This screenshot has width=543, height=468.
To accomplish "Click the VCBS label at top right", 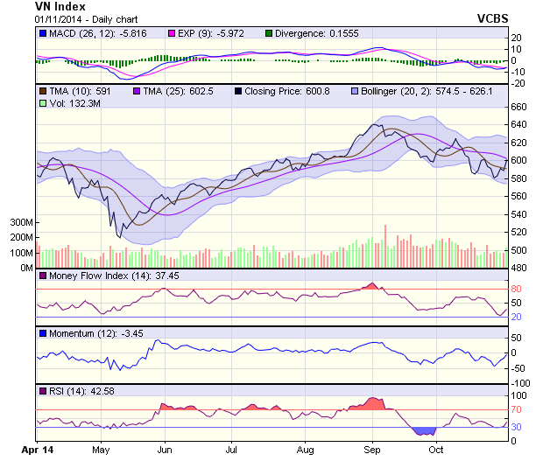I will pos(493,17).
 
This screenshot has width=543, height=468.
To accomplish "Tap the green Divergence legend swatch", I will pos(269,33).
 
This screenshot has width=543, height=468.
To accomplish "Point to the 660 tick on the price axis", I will pos(520,107).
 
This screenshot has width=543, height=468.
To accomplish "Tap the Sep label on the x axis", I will pos(371,451).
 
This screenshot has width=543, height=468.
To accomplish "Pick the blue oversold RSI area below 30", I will pos(424,431).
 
